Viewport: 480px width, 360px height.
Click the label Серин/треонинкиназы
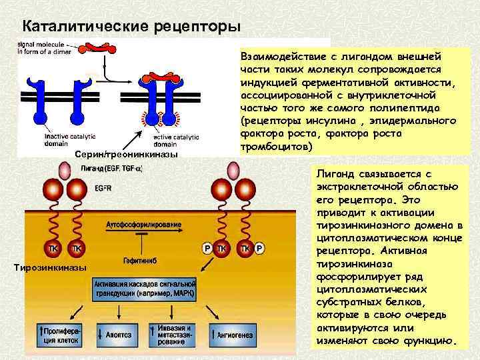126,155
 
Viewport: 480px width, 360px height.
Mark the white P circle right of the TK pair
259,249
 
